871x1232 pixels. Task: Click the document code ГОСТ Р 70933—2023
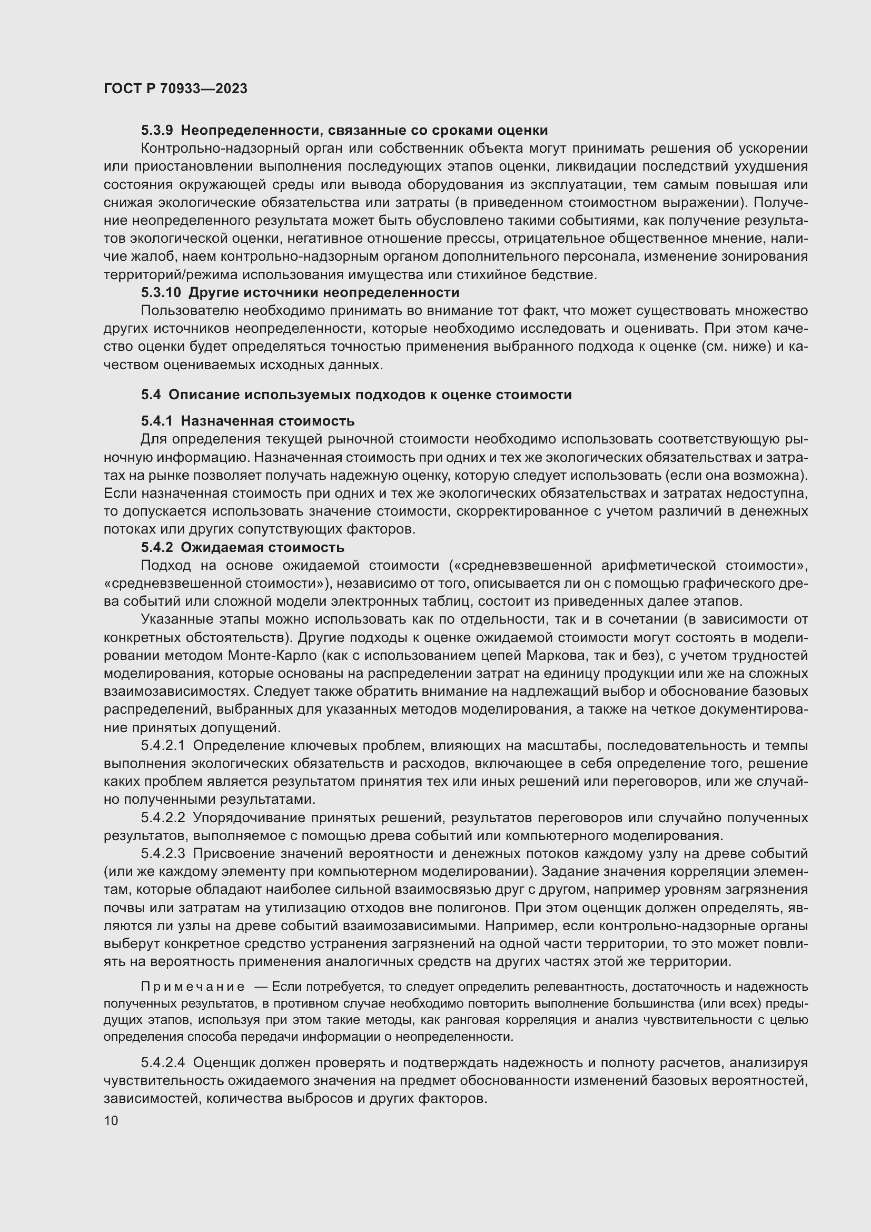tap(175, 88)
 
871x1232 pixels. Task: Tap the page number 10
tap(111, 1120)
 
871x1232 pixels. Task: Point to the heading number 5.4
tap(151, 395)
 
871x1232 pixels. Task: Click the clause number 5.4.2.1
tap(163, 745)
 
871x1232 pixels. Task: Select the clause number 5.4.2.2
tap(163, 818)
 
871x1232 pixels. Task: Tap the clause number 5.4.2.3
tap(163, 854)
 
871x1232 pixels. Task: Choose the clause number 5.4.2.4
tap(163, 1062)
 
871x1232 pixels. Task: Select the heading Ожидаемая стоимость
tap(262, 547)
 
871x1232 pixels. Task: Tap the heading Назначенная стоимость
tap(268, 421)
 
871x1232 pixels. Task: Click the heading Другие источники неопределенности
tap(324, 292)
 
